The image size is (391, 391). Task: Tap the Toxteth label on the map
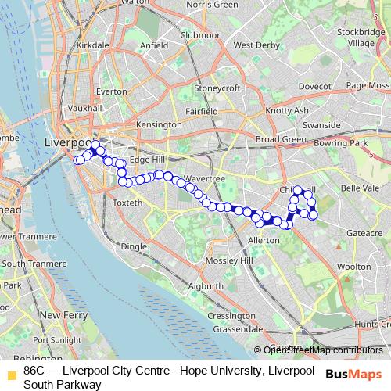tap(129, 203)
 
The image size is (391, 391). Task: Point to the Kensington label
tap(158, 125)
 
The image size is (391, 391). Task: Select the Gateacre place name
tap(359, 233)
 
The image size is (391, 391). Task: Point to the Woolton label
tap(353, 267)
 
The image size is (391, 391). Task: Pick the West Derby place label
tap(255, 45)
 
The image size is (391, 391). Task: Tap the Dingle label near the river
tap(135, 246)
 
